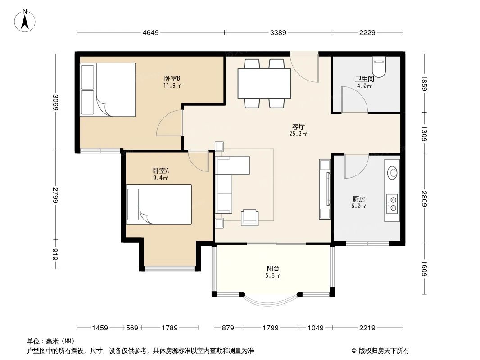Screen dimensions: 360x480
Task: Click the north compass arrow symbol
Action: pyautogui.click(x=26, y=21)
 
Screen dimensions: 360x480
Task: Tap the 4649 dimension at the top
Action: pyautogui.click(x=150, y=32)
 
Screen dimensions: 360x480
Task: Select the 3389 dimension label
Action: pyautogui.click(x=278, y=32)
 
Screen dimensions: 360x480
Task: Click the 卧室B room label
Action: pyautogui.click(x=172, y=77)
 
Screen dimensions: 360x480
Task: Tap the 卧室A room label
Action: pyautogui.click(x=161, y=171)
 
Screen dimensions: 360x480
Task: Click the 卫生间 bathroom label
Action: pyautogui.click(x=364, y=79)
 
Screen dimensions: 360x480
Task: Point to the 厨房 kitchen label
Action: pyautogui.click(x=358, y=199)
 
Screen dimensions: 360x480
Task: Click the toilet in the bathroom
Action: pyautogui.click(x=379, y=67)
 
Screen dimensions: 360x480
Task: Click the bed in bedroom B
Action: pyautogui.click(x=108, y=90)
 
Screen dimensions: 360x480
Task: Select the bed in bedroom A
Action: pyautogui.click(x=159, y=204)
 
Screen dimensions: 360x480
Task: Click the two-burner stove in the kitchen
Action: pyautogui.click(x=392, y=203)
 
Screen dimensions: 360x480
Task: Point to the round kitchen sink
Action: pyautogui.click(x=393, y=171)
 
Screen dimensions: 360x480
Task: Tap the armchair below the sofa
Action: pyautogui.click(x=249, y=217)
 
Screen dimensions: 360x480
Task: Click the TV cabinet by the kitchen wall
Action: pyautogui.click(x=325, y=189)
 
